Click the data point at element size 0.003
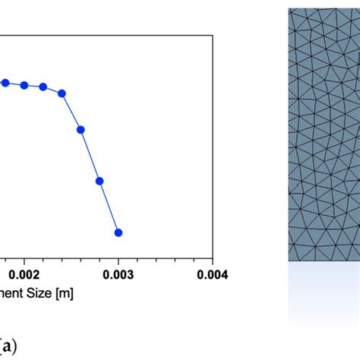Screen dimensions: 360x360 (x=118, y=232)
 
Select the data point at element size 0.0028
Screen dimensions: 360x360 (x=99, y=181)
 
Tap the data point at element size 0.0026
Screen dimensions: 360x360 (x=81, y=129)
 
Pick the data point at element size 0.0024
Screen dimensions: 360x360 (x=62, y=93)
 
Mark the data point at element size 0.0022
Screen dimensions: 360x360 (x=43, y=87)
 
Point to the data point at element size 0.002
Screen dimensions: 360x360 (x=24, y=85)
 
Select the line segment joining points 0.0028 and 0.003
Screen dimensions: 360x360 (x=109, y=207)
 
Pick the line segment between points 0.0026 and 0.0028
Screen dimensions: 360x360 (x=90, y=155)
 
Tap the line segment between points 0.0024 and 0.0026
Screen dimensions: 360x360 (x=71, y=112)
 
